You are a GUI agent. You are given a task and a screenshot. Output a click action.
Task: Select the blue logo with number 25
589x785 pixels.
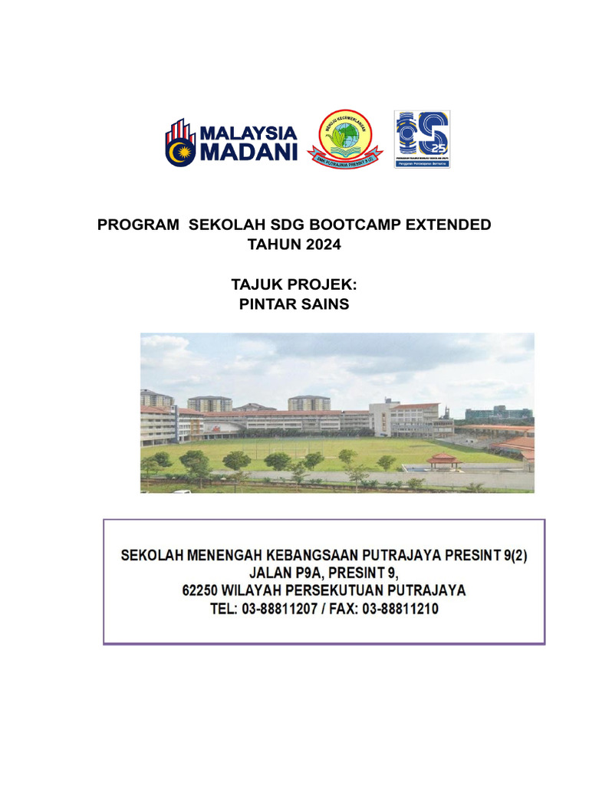click(422, 139)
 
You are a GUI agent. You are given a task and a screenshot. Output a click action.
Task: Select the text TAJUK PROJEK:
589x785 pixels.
click(294, 285)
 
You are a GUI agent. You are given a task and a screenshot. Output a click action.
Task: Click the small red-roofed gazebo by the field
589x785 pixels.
click(443, 461)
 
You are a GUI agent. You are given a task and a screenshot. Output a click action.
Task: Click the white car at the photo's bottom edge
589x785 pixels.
click(182, 491)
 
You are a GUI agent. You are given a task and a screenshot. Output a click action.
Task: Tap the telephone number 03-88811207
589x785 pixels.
click(285, 609)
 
